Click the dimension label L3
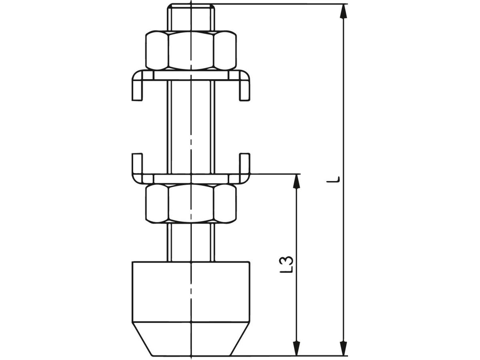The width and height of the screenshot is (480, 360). coord(287,264)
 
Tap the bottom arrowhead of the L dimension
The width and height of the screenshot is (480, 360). coord(343,348)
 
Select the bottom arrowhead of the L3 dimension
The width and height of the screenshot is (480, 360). coord(296,348)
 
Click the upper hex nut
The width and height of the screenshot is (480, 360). coord(191,50)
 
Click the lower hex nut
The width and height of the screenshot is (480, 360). coord(191,203)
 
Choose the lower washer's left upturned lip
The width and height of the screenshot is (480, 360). coord(137,164)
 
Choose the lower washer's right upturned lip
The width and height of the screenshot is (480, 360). coord(245,164)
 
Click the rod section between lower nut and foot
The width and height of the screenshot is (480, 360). coord(191,242)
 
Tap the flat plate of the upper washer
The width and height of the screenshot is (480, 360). coord(191,75)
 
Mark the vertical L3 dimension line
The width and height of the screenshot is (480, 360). coord(296,240)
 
